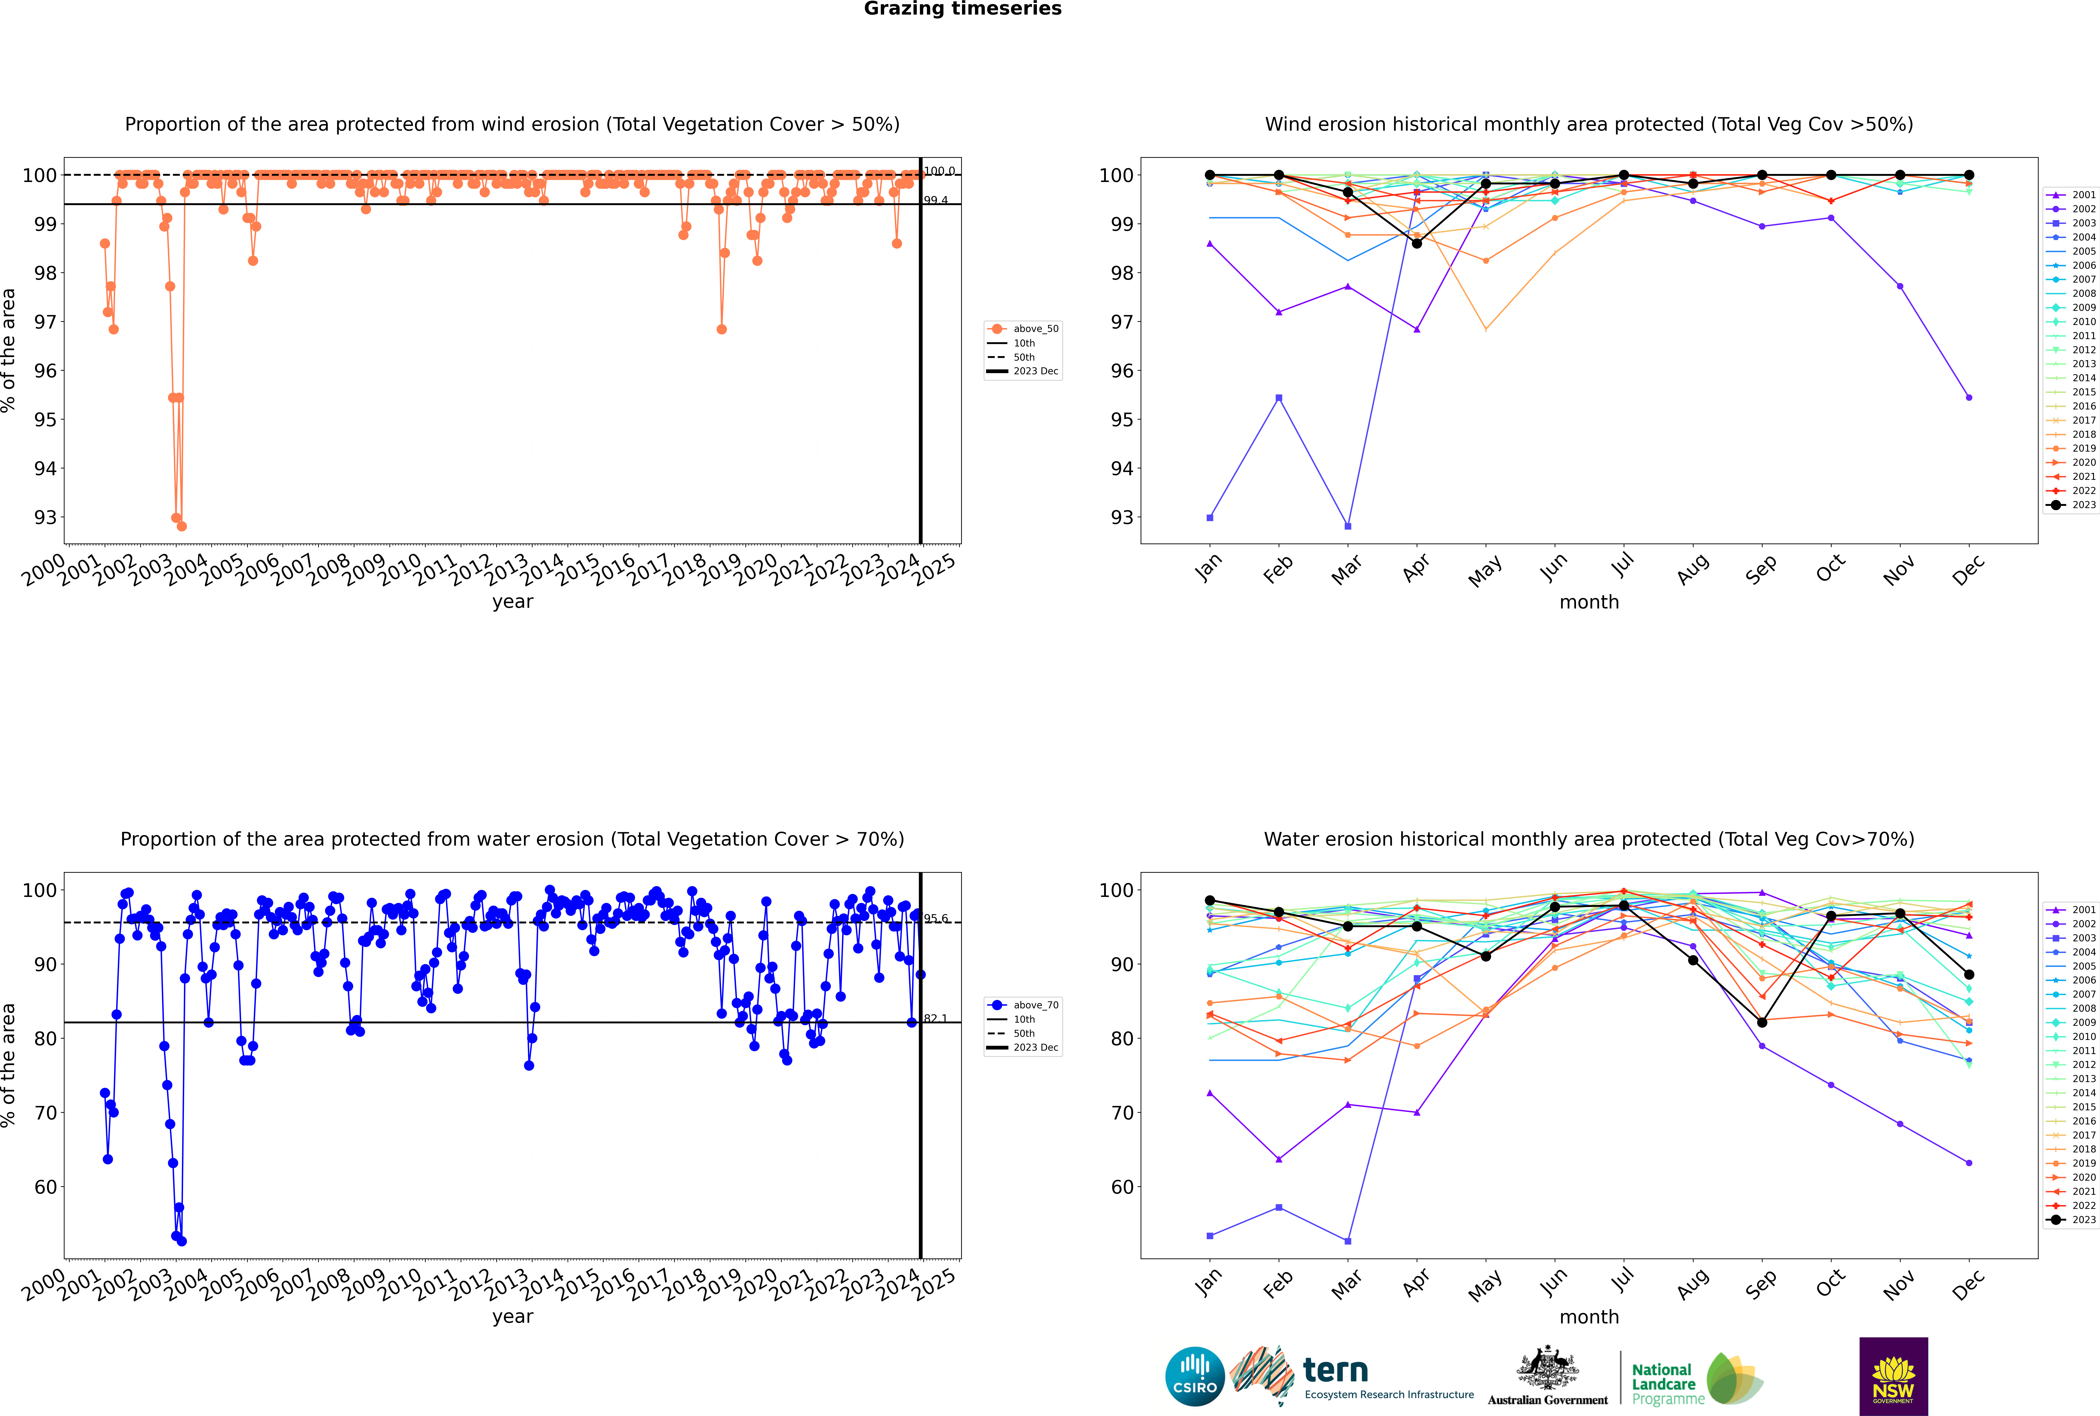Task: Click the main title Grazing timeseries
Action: click(963, 9)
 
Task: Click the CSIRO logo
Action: click(1194, 1376)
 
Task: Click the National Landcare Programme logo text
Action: click(1663, 1384)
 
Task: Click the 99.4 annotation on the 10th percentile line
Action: click(935, 201)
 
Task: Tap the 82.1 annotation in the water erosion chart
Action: click(935, 1019)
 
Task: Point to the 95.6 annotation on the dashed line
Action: click(935, 918)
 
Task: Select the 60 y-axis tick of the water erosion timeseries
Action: click(45, 1188)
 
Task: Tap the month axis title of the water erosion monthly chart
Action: click(1589, 1317)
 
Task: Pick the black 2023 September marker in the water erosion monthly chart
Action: click(1761, 1022)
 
